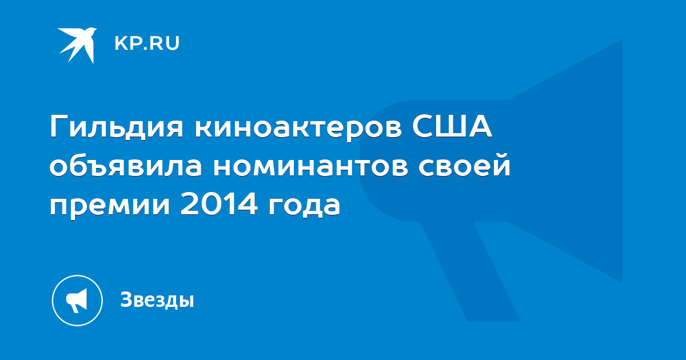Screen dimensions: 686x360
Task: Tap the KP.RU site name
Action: [147, 43]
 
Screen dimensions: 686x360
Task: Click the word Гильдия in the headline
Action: [117, 126]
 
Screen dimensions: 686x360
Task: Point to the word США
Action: [452, 126]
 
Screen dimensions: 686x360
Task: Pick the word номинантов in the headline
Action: [311, 167]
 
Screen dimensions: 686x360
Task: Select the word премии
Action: [110, 207]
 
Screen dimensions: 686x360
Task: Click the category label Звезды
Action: [157, 299]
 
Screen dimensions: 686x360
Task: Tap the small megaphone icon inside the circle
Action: [77, 301]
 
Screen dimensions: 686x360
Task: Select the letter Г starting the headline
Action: [59, 126]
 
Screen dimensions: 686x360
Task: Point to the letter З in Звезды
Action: [127, 299]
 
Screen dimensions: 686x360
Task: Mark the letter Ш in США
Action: [451, 126]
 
